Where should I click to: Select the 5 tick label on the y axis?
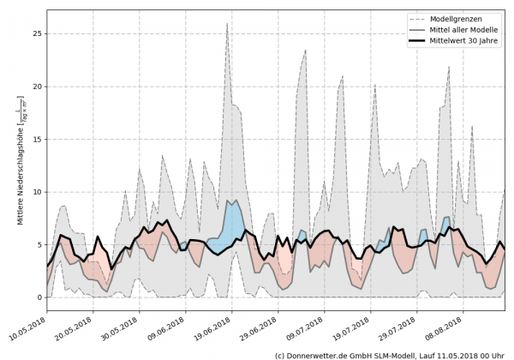coord(38,244)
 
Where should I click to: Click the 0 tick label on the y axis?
coord(38,297)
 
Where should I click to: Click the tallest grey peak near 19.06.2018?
coord(227,26)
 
